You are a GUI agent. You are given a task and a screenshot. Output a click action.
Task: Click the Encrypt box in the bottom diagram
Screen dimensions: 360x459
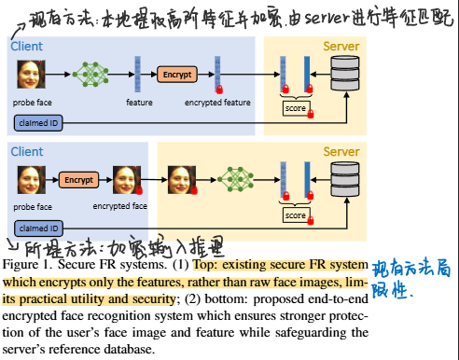(79, 177)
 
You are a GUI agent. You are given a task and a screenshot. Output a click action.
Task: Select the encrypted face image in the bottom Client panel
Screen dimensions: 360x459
(126, 177)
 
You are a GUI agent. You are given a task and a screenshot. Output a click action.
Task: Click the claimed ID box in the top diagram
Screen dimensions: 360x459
(38, 122)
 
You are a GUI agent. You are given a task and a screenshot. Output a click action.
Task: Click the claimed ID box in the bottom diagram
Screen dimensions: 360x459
(38, 228)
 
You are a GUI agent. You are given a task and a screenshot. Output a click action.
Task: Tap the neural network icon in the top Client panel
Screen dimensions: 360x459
(91, 73)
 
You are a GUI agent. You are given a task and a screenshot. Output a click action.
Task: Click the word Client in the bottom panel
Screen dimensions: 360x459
(27, 150)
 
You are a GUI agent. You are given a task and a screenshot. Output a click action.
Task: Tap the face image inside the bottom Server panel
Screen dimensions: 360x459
(180, 177)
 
